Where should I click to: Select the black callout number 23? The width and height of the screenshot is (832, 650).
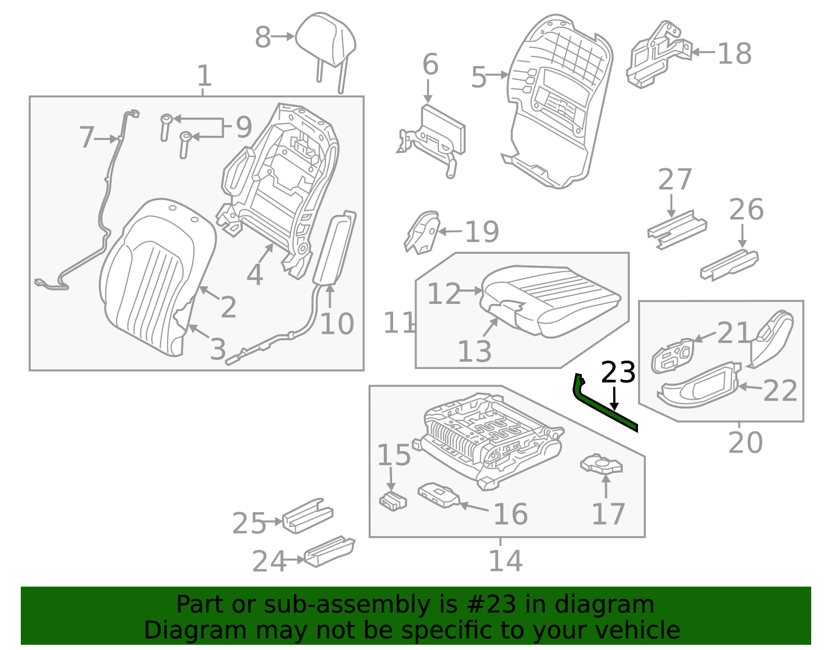click(x=618, y=373)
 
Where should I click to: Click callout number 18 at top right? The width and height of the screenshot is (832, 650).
click(x=734, y=54)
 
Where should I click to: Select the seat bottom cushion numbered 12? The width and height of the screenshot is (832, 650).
click(x=551, y=299)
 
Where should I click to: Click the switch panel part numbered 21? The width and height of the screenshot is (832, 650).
click(x=673, y=356)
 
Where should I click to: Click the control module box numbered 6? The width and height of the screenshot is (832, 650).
click(x=442, y=130)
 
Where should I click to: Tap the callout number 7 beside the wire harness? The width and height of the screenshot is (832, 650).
click(x=87, y=137)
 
